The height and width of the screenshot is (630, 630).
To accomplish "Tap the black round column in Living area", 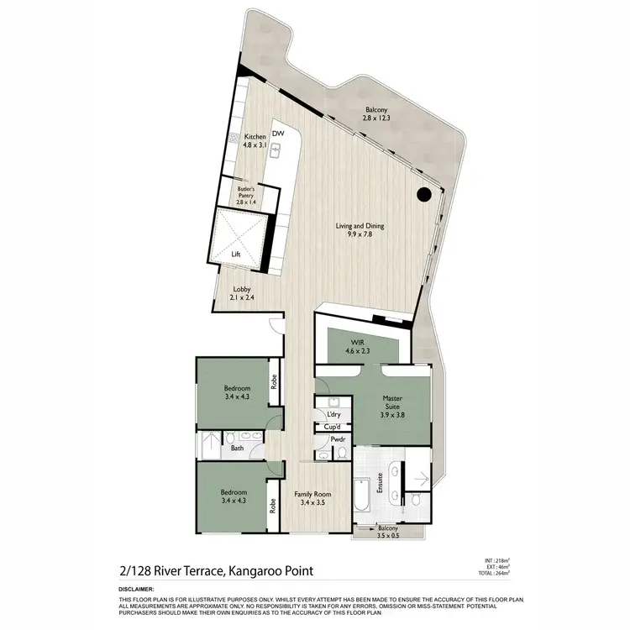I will [x=424, y=195].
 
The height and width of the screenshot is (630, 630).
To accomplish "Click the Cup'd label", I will [x=332, y=427].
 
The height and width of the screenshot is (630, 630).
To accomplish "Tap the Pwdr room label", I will [x=339, y=439].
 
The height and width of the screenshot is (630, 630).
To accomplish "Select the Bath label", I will [x=237, y=449].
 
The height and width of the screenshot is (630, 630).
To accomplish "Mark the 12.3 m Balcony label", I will [x=377, y=113].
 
